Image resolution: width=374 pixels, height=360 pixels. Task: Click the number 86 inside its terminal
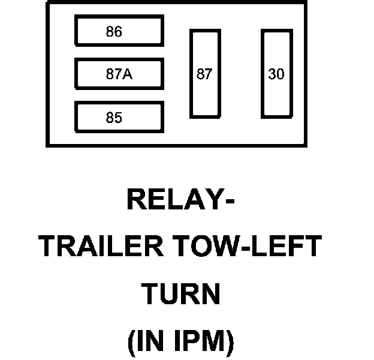(x=114, y=32)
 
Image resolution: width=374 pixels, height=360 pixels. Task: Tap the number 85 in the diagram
(x=114, y=118)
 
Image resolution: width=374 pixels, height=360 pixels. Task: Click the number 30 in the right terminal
(x=276, y=75)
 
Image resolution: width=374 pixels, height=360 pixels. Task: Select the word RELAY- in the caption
(x=180, y=200)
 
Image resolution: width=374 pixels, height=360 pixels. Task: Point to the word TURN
(x=180, y=294)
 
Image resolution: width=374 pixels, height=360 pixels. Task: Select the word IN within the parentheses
(x=151, y=341)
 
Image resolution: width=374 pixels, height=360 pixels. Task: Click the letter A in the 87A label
(x=127, y=75)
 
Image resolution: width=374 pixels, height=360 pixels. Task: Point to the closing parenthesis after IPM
(x=228, y=342)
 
